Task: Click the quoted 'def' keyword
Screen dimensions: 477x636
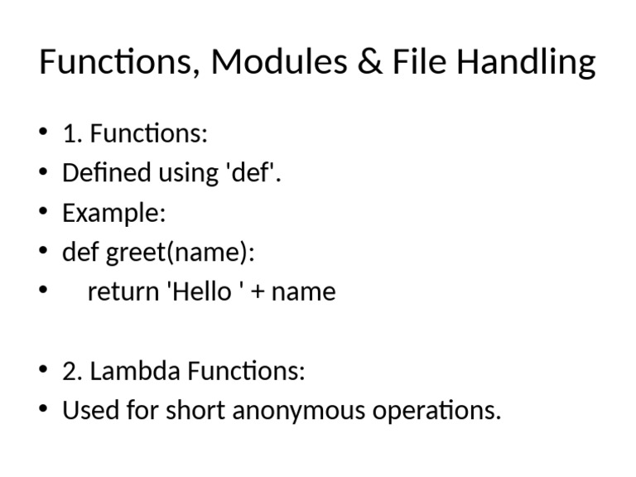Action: point(254,173)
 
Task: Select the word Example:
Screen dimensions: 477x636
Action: point(114,214)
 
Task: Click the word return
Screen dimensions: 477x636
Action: point(123,292)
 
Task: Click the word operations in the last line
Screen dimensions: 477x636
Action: point(431,411)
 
